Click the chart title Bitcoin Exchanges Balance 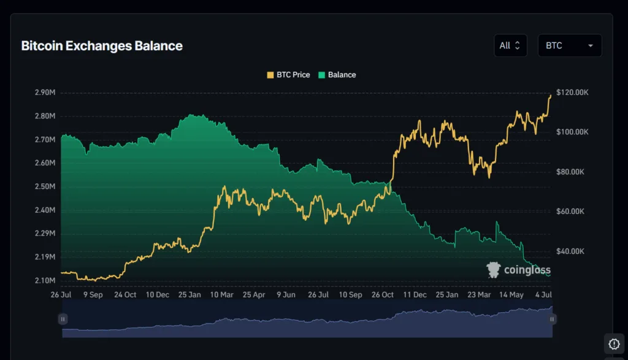(102, 46)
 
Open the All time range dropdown (510, 45)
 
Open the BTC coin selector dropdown (569, 45)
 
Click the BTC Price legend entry (288, 75)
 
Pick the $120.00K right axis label (572, 93)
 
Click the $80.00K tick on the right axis (570, 172)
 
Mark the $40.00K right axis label (570, 251)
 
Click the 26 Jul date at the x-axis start (61, 294)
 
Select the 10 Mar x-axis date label (221, 294)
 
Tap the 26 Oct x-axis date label (382, 294)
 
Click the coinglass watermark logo (518, 270)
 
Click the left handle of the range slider (63, 319)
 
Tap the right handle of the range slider (552, 319)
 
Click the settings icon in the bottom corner (614, 343)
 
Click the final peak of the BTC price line (550, 95)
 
